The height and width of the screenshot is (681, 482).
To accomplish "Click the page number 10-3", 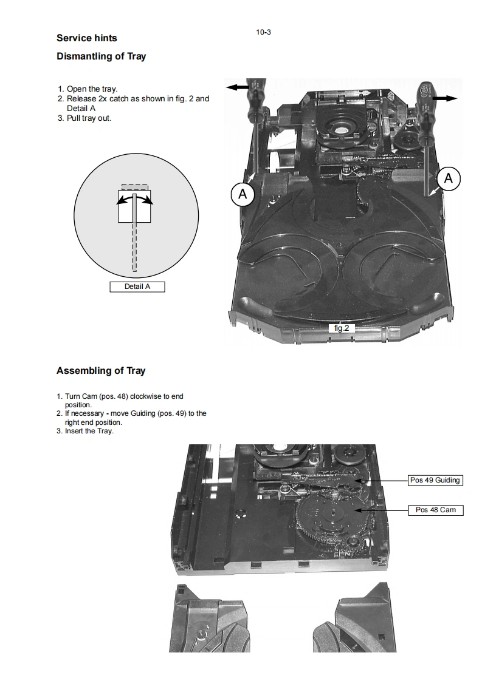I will tap(264, 32).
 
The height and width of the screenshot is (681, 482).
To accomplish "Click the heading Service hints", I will tap(86, 38).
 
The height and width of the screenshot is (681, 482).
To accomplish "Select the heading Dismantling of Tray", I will tap(101, 56).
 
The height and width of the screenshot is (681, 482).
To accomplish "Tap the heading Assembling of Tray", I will tap(101, 371).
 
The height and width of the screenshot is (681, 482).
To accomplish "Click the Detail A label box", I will tap(137, 286).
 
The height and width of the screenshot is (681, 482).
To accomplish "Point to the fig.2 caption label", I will tap(342, 328).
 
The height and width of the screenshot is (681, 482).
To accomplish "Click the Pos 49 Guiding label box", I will tap(435, 480).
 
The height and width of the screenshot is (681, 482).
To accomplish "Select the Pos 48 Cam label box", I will tap(435, 510).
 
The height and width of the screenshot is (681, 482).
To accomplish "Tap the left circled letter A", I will tap(243, 195).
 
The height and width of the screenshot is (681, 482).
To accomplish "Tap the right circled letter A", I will tap(449, 178).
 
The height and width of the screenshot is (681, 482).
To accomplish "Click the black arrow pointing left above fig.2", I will tap(238, 87).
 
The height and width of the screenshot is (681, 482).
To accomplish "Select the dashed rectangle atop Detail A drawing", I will tap(134, 187).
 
